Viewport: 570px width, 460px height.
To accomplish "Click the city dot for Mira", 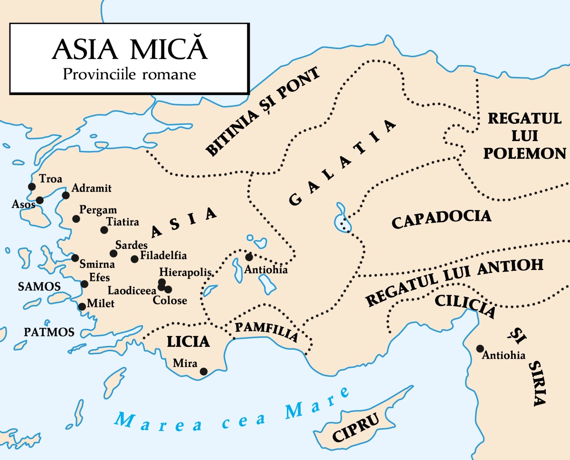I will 204,372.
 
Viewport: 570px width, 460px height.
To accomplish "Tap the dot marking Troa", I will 32,186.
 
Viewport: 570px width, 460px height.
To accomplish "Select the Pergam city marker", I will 76,219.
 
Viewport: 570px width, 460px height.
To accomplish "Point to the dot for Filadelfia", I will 134,259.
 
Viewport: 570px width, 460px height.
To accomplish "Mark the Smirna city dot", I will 75,258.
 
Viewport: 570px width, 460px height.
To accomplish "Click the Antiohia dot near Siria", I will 480,348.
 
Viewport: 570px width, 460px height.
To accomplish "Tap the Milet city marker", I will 82,307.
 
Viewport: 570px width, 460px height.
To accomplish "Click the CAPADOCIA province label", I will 441,220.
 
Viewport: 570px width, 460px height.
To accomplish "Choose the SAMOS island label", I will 39,287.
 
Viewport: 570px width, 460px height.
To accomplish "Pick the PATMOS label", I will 50,332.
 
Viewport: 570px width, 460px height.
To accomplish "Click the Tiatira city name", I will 123,222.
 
